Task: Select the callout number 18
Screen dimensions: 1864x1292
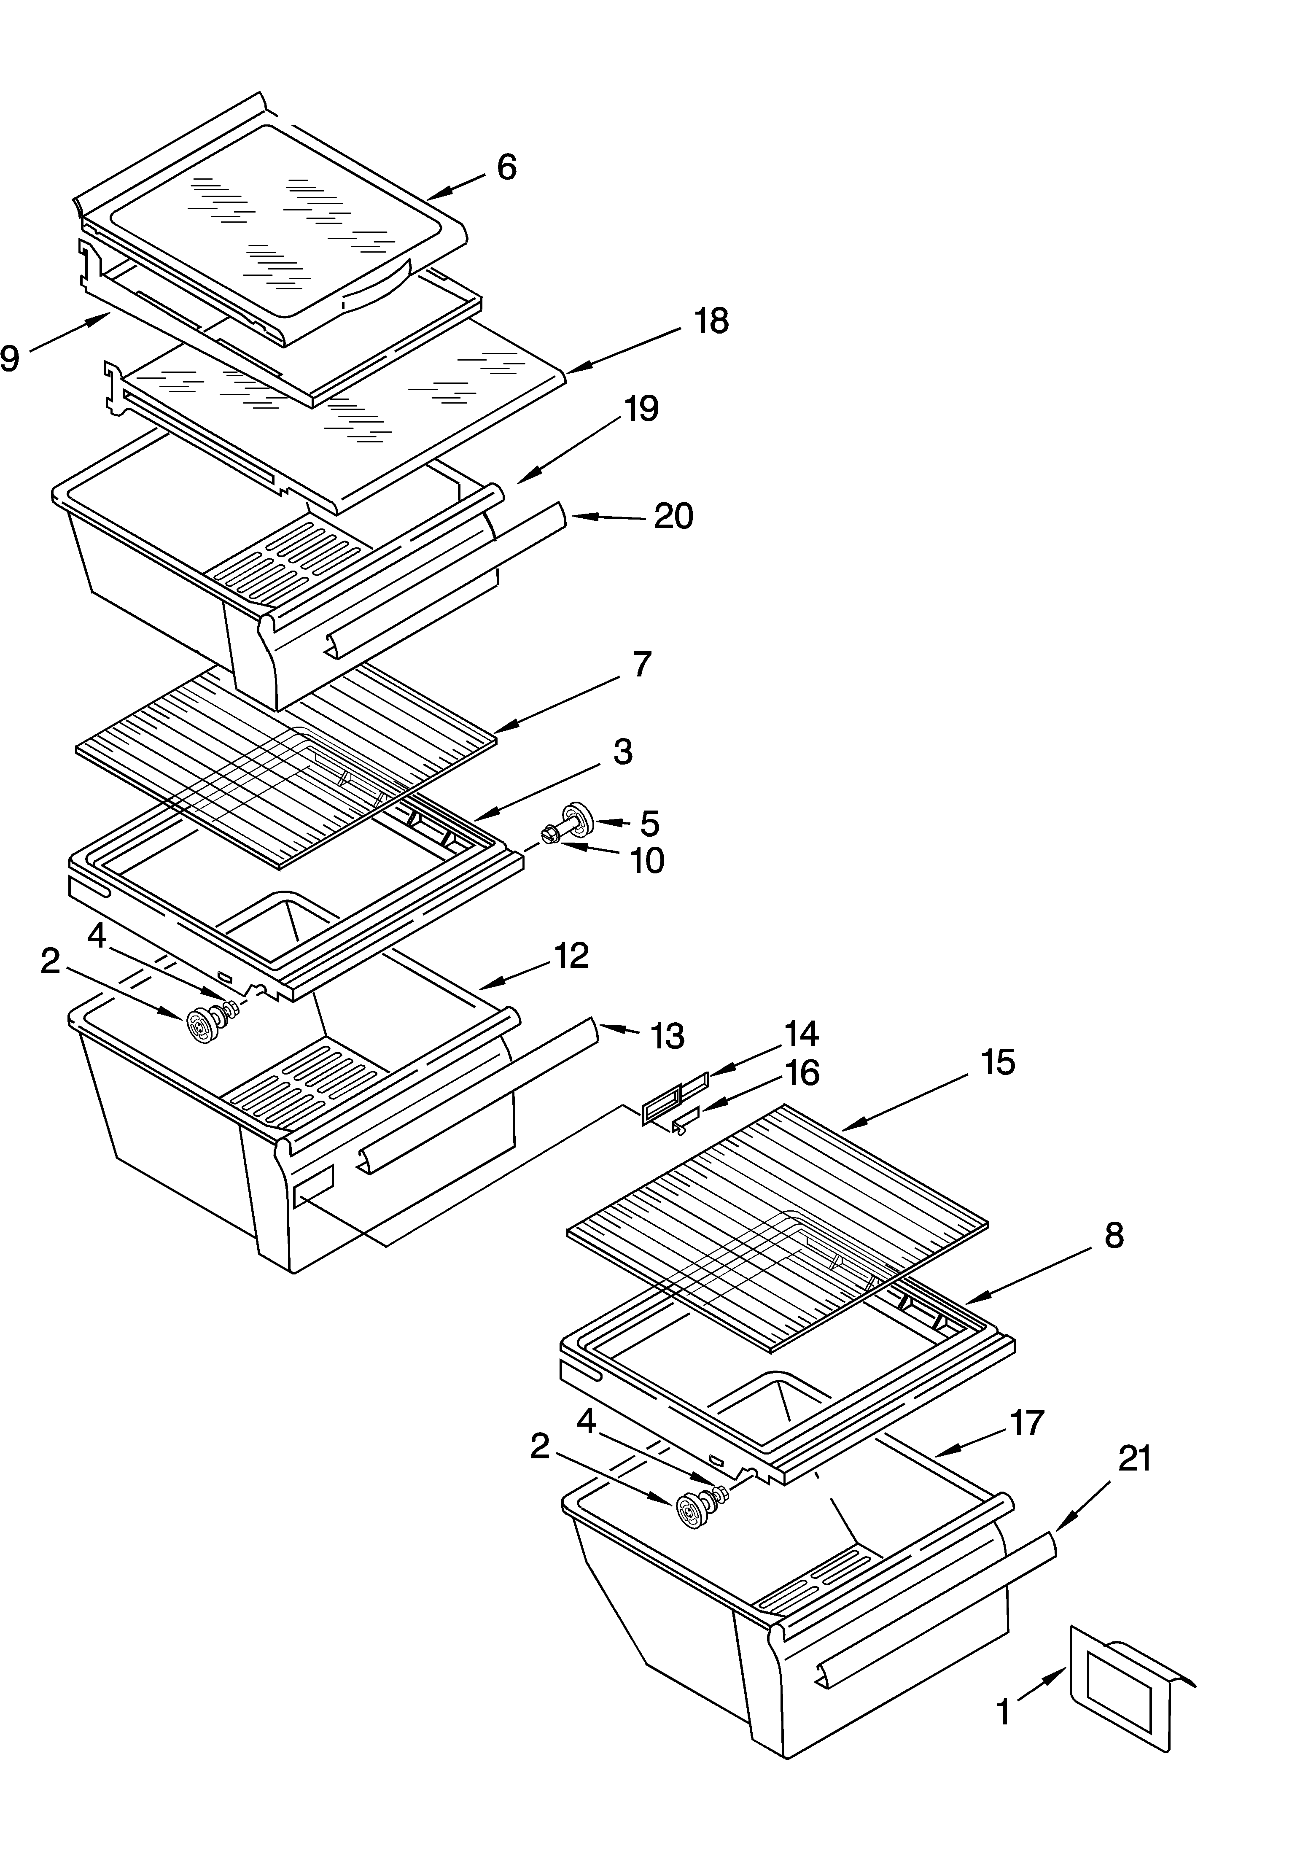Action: pyautogui.click(x=711, y=321)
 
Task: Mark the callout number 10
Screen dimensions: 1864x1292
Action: pyautogui.click(x=648, y=861)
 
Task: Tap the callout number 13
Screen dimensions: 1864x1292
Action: pyautogui.click(x=667, y=1036)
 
